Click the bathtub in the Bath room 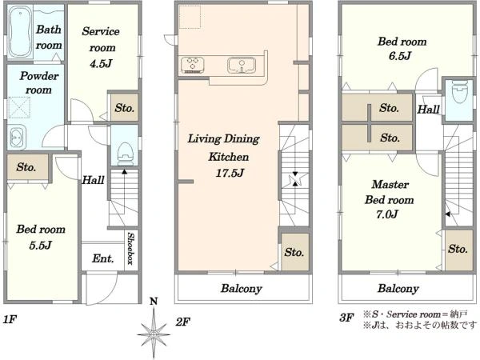point(20,31)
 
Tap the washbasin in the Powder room point(17,137)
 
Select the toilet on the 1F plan point(125,154)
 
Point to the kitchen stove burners point(193,65)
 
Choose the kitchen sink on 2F point(242,66)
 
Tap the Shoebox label point(130,248)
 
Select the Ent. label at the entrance point(103,258)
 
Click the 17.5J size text point(230,174)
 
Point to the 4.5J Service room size point(101,63)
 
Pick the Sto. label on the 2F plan point(294,252)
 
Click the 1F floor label point(10,319)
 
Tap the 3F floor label point(346,318)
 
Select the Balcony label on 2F point(242,288)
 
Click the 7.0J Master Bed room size point(387,214)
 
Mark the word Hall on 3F point(429,110)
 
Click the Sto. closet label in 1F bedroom point(26,167)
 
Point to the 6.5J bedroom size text point(400,56)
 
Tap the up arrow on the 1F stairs point(124,186)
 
